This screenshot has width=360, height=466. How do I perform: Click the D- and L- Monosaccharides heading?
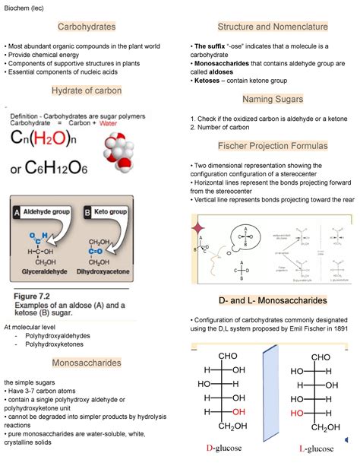(x=272, y=300)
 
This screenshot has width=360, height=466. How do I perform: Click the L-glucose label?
(x=316, y=449)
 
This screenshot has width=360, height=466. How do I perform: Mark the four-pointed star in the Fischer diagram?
(x=200, y=227)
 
